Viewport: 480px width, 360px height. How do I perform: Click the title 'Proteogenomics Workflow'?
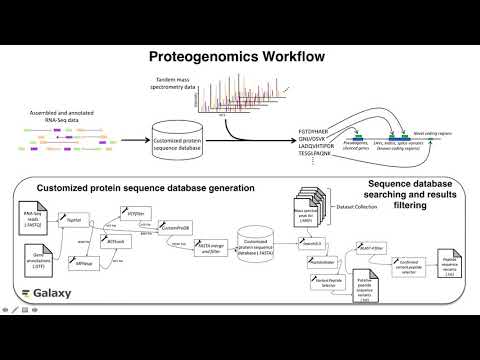pyautogui.click(x=240, y=58)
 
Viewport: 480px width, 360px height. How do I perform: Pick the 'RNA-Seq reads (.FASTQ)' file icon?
pyautogui.click(x=32, y=218)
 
